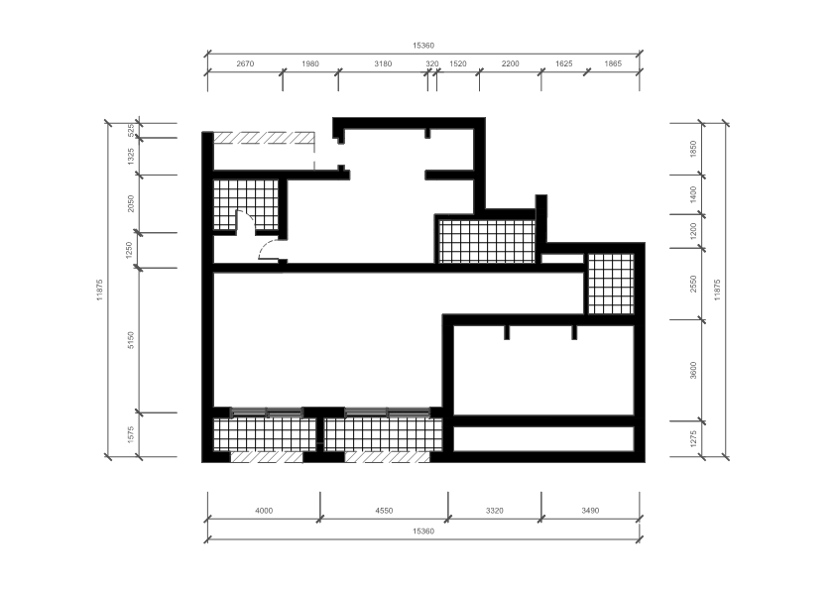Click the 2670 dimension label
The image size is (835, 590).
tap(245, 63)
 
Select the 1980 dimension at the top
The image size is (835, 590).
tap(310, 63)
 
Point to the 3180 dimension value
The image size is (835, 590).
tap(383, 63)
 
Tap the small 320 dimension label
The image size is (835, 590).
tap(431, 63)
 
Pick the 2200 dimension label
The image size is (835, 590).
tap(510, 63)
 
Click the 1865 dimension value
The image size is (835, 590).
tap(613, 63)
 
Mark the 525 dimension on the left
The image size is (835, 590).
tap(131, 131)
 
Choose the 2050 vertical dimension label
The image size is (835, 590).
tap(131, 203)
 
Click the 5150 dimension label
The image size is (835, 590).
tap(131, 340)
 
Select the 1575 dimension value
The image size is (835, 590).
tap(131, 434)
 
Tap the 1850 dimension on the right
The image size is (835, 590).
tap(693, 149)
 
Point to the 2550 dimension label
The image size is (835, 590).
tap(693, 284)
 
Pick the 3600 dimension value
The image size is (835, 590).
tap(693, 370)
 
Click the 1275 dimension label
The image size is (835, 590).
tap(693, 438)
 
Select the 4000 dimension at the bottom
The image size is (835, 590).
tap(264, 511)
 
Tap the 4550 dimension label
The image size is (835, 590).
tap(384, 511)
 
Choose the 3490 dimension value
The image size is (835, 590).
tap(590, 511)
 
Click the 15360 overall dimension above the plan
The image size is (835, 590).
tap(423, 46)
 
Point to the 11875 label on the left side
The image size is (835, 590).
tap(99, 290)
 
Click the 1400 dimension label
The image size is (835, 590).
tap(693, 194)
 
